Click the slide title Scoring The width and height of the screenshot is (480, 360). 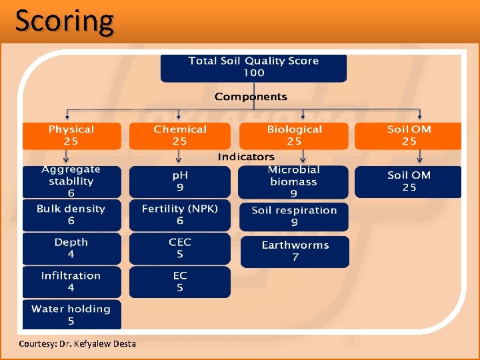click(65, 21)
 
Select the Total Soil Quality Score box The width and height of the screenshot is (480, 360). click(253, 67)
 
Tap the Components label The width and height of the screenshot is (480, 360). click(251, 97)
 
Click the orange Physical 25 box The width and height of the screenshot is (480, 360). click(71, 135)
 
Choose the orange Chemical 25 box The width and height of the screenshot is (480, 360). click(180, 135)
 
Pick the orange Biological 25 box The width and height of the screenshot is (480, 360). click(294, 135)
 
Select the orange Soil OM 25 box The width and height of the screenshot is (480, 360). click(408, 135)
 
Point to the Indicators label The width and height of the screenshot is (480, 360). click(246, 157)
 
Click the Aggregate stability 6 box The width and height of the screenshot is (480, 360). click(71, 181)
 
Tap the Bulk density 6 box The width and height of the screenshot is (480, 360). click(71, 215)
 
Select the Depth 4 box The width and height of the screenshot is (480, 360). click(71, 248)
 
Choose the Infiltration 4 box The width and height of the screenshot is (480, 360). click(71, 281)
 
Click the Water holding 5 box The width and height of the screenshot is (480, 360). click(71, 315)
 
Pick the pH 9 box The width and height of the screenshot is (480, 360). click(180, 181)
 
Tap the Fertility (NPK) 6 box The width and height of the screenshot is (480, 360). click(180, 215)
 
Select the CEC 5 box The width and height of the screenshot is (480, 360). click(180, 248)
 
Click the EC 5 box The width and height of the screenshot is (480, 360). click(180, 281)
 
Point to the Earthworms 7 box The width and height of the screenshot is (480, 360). click(295, 251)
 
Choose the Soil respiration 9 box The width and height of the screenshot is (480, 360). click(294, 216)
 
